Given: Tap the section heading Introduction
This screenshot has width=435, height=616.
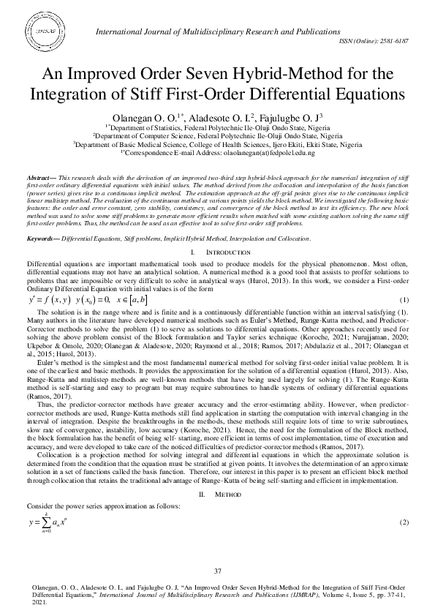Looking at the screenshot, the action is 227,232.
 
